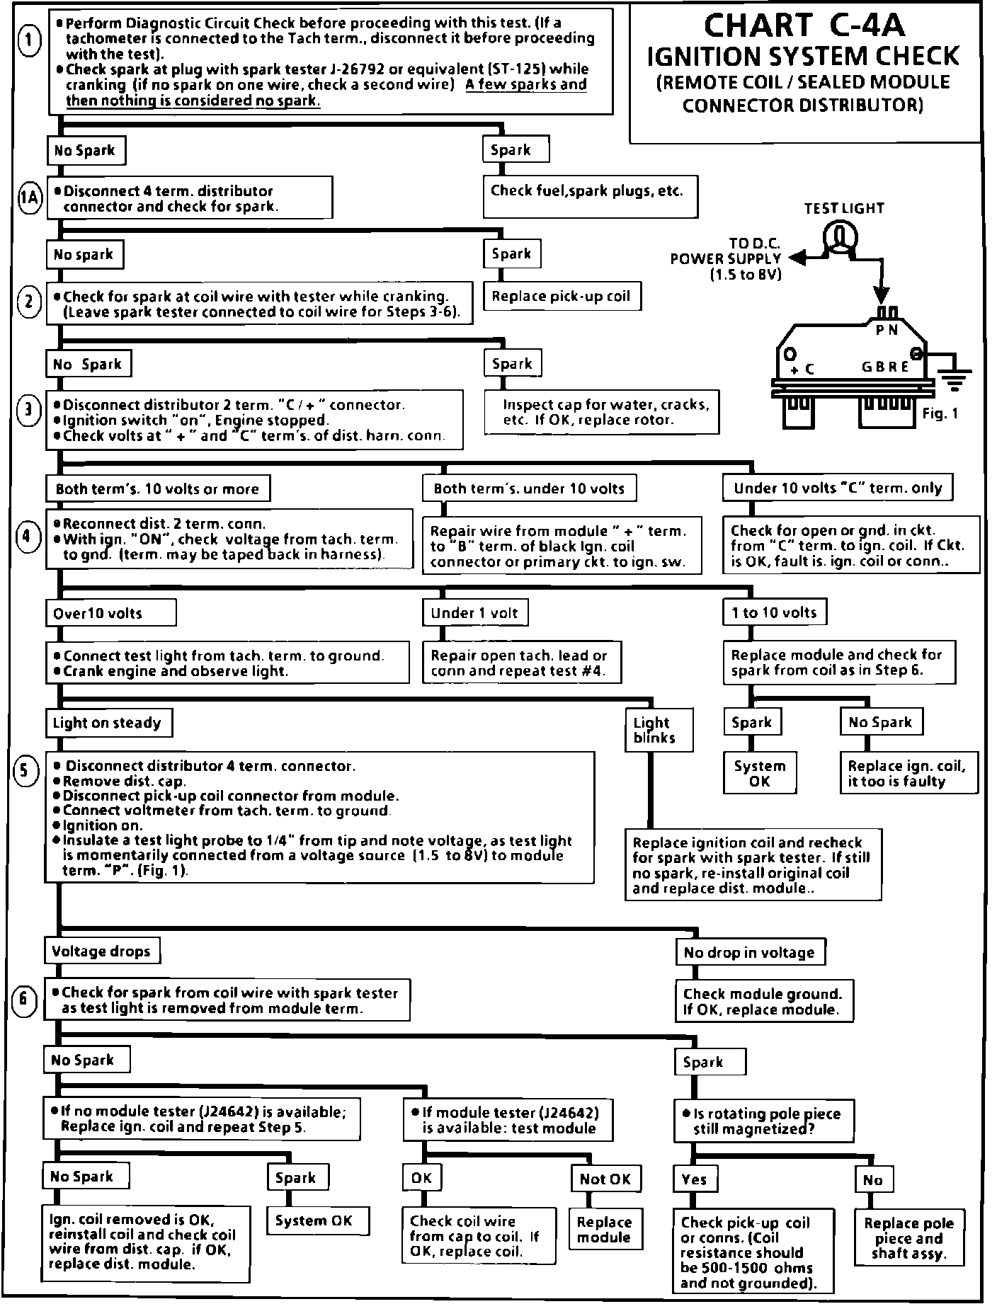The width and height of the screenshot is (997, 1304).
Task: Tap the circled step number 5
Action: [x=25, y=771]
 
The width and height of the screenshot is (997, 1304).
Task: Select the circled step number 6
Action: [x=25, y=1000]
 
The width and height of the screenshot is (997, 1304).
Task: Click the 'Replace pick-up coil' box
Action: [x=562, y=296]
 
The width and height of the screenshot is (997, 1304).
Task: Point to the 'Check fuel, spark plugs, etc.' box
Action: [x=589, y=196]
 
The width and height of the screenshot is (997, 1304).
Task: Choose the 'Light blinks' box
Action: [x=659, y=730]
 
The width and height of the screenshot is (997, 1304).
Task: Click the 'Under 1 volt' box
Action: [x=476, y=612]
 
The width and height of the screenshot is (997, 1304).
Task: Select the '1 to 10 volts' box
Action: [x=775, y=612]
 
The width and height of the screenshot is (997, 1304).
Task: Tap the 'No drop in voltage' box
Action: [x=750, y=953]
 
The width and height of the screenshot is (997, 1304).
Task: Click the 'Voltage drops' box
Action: [x=102, y=951]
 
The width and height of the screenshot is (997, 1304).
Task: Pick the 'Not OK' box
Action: [x=605, y=1179]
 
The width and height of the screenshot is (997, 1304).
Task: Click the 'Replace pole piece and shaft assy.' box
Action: [x=909, y=1239]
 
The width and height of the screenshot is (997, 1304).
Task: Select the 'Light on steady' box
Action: [x=108, y=723]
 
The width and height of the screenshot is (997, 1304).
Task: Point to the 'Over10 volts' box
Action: [x=110, y=613]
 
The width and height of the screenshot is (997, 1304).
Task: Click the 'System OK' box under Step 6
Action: [x=314, y=1220]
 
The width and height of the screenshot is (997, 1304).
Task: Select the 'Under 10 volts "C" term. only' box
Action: [x=838, y=488]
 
